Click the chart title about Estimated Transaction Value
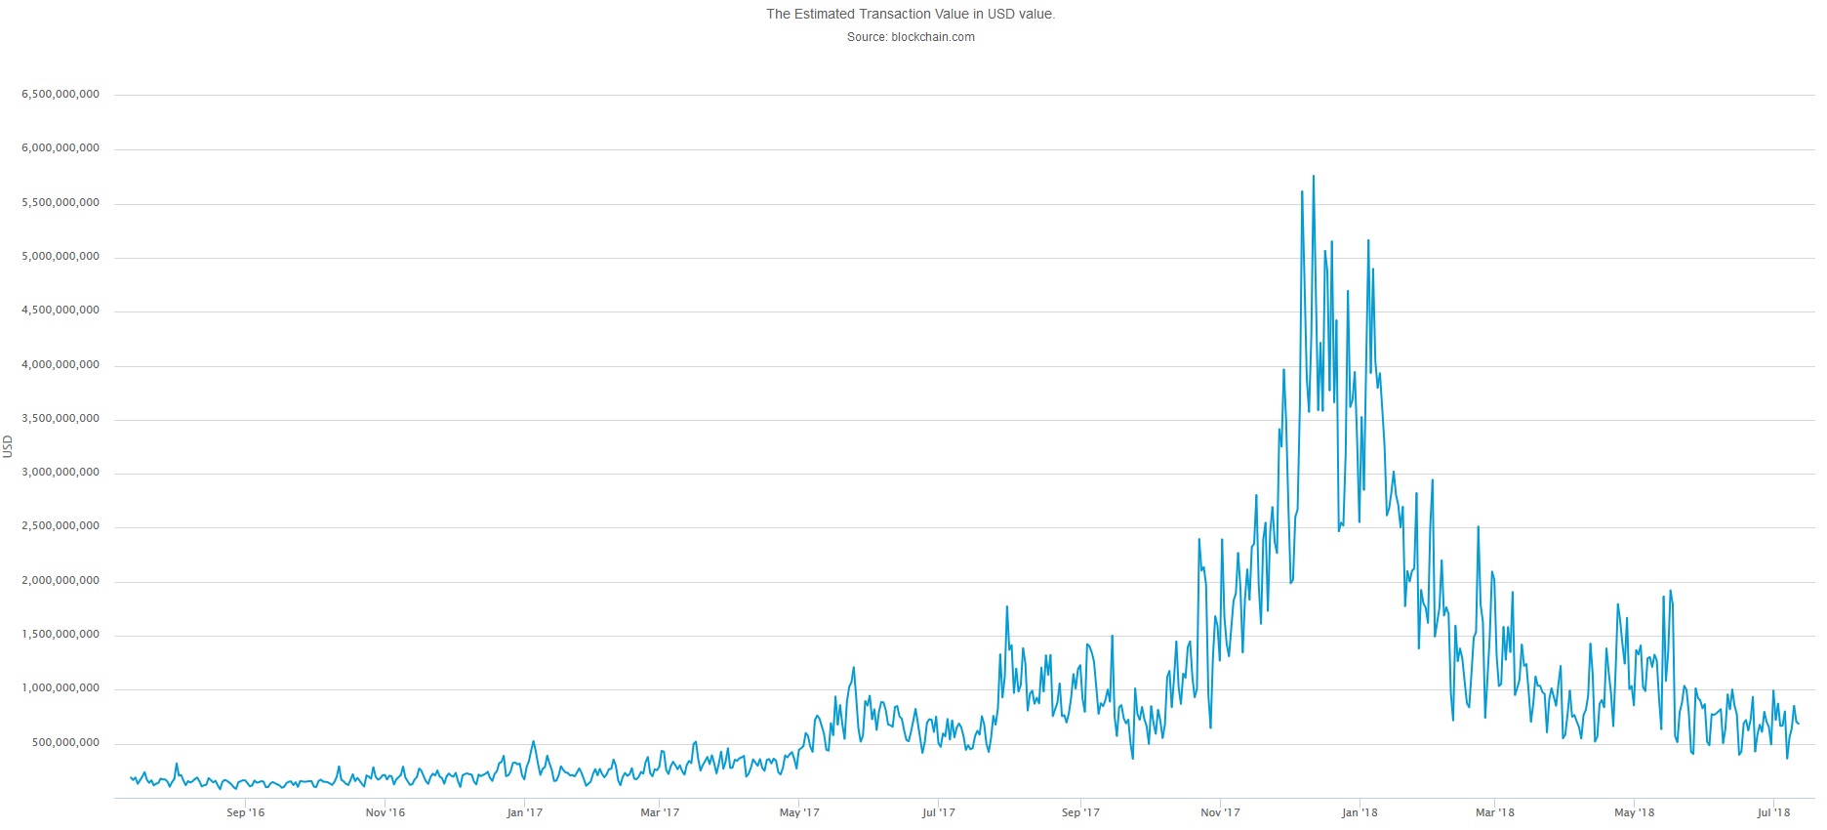910,14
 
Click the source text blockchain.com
910,37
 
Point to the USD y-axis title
9,446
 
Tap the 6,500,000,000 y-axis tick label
61,95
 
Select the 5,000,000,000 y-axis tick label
61,257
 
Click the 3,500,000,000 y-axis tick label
61,419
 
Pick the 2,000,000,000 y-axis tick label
61,581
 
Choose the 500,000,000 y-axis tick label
65,743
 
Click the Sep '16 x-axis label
245,812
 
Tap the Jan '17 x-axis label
524,812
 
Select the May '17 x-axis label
799,812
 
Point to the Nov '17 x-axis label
1220,812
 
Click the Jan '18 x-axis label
1360,812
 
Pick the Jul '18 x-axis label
1773,812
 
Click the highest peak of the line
1314,177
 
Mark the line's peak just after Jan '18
1368,240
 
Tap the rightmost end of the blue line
1798,724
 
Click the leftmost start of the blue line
131,777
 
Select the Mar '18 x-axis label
1494,812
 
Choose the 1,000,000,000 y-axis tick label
61,688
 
